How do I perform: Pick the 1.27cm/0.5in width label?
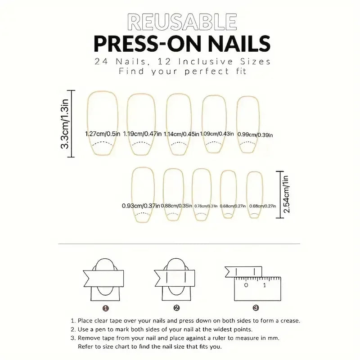click(x=103, y=134)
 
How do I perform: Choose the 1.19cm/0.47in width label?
click(x=143, y=134)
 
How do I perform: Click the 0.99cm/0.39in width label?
click(x=255, y=134)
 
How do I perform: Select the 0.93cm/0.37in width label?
click(x=141, y=206)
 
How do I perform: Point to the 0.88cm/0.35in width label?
click(x=177, y=206)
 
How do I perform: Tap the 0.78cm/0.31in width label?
click(x=206, y=206)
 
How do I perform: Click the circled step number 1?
click(x=105, y=308)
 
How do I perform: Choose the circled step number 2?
click(x=176, y=308)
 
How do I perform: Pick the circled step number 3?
click(x=256, y=308)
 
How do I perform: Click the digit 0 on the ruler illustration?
click(x=246, y=285)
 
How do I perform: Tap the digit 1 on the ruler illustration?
click(x=265, y=285)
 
